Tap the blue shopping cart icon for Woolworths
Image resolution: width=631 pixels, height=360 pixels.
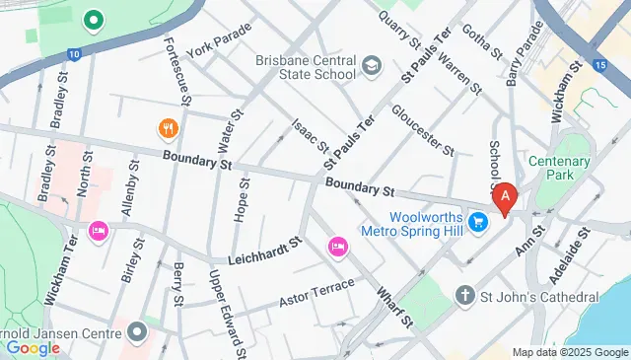(477, 223)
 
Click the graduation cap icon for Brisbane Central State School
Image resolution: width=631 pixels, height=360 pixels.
(372, 67)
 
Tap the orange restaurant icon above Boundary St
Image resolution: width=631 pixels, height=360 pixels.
(168, 128)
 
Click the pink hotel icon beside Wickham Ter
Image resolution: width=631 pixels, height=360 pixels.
(98, 231)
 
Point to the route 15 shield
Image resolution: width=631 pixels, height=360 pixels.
(599, 66)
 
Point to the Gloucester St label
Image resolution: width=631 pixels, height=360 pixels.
(422, 130)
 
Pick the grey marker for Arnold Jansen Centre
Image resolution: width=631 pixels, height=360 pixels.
(136, 329)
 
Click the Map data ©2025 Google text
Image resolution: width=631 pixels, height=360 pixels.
(569, 352)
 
